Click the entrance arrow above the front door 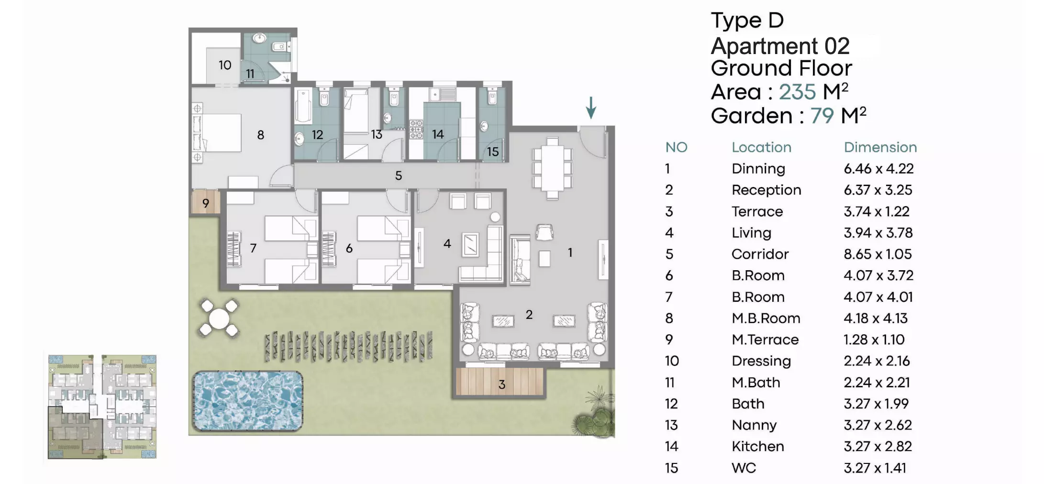591,108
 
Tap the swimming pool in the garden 248,401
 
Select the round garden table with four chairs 219,318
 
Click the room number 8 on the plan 260,135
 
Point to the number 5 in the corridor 398,176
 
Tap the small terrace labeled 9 205,203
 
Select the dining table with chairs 552,168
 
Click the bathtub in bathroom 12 303,105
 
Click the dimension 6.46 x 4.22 878,168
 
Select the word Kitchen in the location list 757,446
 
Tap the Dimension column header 880,147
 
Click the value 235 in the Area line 797,91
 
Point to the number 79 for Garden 822,116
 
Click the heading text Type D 747,21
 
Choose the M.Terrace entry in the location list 765,340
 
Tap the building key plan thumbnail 102,407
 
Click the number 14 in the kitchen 438,134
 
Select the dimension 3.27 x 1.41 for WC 875,468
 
